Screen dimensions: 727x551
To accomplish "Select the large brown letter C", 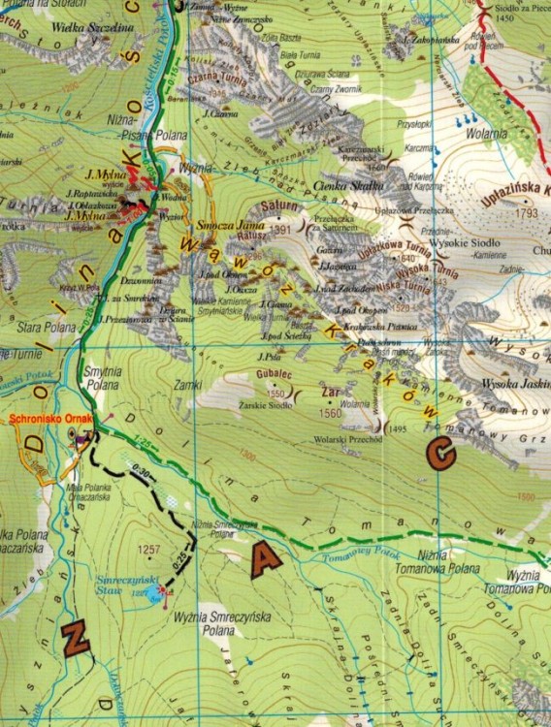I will point(440,453).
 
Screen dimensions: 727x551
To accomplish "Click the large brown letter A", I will point(264,560).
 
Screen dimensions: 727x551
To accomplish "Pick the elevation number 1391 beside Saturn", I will point(281,230).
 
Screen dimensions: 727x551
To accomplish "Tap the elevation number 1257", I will point(148,550).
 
